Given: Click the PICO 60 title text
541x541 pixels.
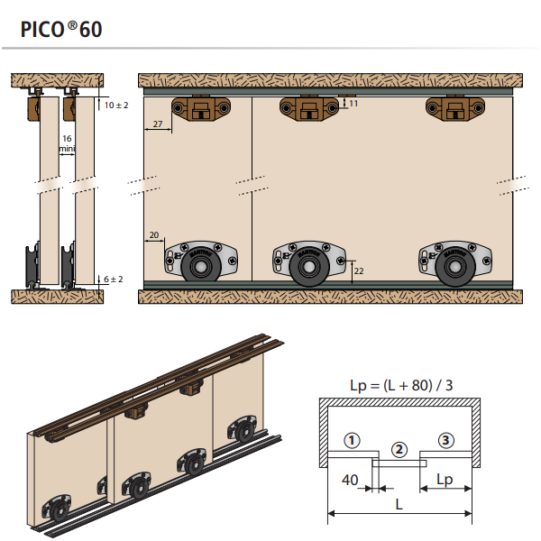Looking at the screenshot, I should point(61,28).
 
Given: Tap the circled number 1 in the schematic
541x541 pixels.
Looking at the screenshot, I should point(352,440).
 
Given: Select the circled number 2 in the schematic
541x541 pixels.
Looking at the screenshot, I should point(399,448).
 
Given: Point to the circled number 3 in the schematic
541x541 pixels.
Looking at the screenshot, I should point(446,440).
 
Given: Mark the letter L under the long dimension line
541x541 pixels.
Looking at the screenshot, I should point(399,505).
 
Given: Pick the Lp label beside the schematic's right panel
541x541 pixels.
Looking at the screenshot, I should point(445,480).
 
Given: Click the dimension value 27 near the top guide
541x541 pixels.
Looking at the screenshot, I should point(158,124).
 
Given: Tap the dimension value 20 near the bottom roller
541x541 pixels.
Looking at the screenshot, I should point(153,235).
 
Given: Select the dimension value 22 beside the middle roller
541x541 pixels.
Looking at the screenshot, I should point(360,270).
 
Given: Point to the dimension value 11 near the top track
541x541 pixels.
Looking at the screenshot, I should point(353,105).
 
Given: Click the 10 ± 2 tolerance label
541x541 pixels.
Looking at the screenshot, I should point(116,105).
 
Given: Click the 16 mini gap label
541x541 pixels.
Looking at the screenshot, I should point(67,143).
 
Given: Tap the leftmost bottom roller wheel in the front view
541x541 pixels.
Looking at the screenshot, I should point(199,268).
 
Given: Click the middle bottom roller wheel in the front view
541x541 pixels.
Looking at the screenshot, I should point(308,268).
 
